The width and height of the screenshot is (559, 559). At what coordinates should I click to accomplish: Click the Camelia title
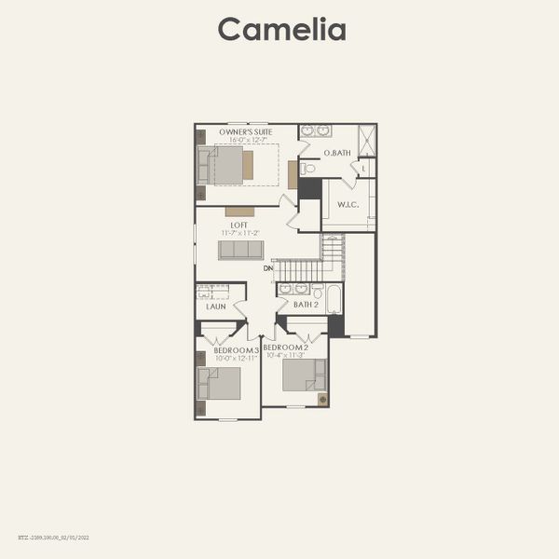(x=281, y=29)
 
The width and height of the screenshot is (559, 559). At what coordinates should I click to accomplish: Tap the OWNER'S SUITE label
(x=246, y=132)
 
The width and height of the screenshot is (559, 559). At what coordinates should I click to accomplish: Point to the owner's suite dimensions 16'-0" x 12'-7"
(x=246, y=141)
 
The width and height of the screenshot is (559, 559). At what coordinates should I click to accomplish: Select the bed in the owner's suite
(x=225, y=166)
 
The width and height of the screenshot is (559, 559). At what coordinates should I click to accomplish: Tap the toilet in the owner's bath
(x=307, y=169)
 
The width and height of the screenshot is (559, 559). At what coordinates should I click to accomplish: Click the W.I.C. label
(x=348, y=205)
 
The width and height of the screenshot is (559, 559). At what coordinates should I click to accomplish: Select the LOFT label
(x=239, y=225)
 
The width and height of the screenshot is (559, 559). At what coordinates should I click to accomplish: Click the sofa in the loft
(x=240, y=250)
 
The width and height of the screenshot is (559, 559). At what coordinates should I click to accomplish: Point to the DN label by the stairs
(x=268, y=268)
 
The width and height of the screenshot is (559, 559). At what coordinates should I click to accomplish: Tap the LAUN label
(x=215, y=306)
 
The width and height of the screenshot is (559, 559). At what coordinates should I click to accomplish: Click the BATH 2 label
(x=307, y=305)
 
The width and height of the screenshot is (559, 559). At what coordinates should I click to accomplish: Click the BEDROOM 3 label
(x=236, y=349)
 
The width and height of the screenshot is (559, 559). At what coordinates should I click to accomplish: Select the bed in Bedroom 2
(x=305, y=375)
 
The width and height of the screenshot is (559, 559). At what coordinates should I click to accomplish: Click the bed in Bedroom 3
(x=219, y=383)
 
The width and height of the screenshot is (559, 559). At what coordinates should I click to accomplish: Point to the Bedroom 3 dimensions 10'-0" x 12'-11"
(x=236, y=358)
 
